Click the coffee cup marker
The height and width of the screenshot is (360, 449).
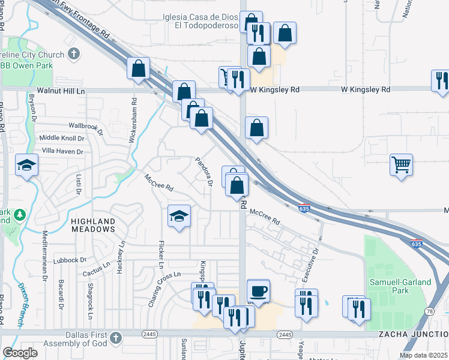[258, 291]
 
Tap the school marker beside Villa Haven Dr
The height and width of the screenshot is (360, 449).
[26, 165]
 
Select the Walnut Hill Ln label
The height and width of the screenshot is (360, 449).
[61, 90]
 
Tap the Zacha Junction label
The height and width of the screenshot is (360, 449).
[413, 334]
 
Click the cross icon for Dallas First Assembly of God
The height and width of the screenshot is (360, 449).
[115, 338]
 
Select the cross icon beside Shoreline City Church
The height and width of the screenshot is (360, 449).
[74, 54]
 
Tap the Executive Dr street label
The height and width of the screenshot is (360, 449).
[310, 265]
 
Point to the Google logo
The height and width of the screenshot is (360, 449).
[20, 353]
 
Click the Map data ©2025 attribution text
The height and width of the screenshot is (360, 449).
[423, 355]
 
